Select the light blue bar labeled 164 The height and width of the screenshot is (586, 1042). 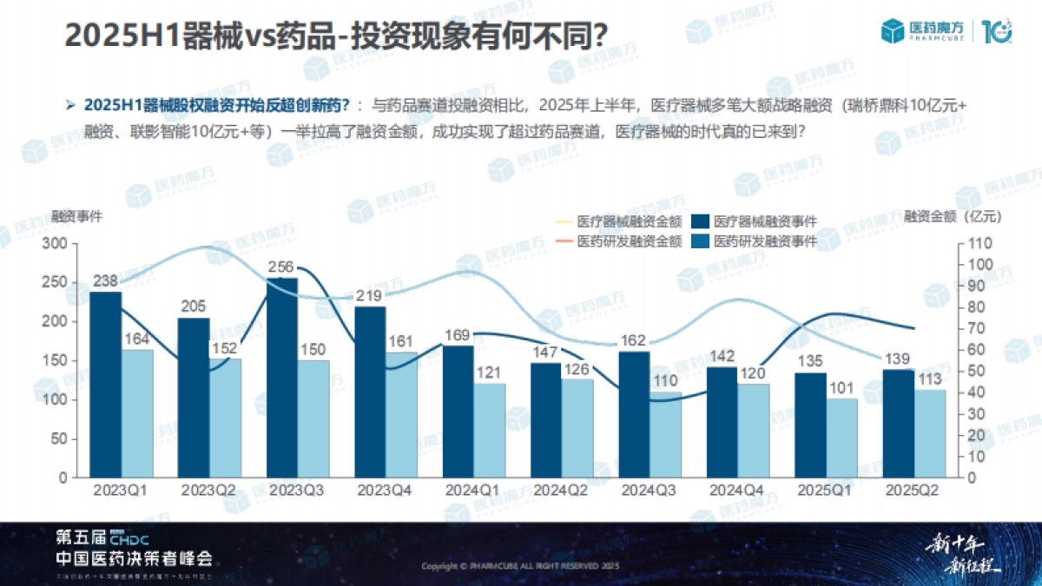(137, 413)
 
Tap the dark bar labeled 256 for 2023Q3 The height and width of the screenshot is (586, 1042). (282, 378)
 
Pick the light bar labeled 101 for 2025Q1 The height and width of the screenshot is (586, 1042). (841, 438)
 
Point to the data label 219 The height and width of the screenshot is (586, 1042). (370, 296)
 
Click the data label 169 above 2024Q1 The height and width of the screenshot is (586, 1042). (458, 335)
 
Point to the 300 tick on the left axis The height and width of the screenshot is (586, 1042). (58, 244)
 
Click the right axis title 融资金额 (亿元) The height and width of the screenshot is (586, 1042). (953, 216)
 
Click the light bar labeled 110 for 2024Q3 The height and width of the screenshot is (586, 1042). (666, 434)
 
